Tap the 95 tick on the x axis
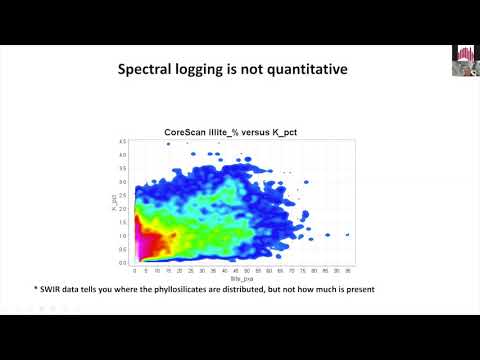346,269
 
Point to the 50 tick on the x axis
245,269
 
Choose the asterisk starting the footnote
36,288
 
